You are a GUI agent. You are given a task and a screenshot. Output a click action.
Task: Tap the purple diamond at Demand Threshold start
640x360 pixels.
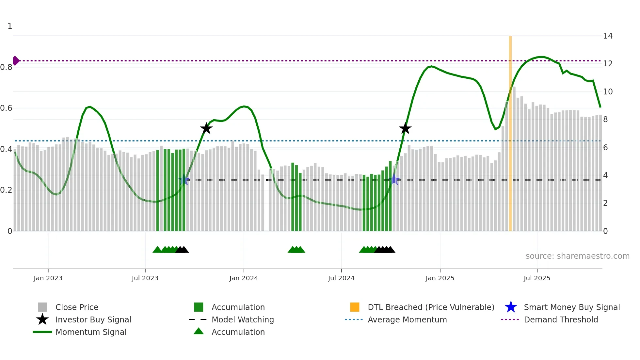click(x=15, y=61)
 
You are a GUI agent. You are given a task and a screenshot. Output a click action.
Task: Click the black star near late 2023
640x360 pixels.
click(x=206, y=129)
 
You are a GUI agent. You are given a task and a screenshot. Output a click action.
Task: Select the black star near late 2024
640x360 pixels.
click(x=405, y=129)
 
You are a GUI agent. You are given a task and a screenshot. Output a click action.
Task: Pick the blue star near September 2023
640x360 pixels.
click(x=184, y=180)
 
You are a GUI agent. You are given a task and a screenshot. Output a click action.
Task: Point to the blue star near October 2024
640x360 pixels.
click(x=394, y=180)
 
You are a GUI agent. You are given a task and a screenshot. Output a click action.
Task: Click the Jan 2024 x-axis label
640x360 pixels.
click(x=244, y=278)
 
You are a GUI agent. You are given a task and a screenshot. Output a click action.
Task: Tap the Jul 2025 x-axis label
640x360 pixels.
click(x=537, y=278)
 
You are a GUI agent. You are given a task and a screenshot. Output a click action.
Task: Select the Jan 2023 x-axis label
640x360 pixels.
click(x=48, y=278)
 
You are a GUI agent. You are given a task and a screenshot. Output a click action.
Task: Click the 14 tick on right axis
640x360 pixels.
click(x=608, y=36)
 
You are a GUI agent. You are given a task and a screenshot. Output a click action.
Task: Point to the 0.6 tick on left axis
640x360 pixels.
click(x=7, y=108)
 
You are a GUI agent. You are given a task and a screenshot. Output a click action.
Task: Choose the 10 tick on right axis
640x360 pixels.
click(x=608, y=92)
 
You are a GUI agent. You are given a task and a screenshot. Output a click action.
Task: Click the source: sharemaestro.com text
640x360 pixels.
click(x=577, y=256)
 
